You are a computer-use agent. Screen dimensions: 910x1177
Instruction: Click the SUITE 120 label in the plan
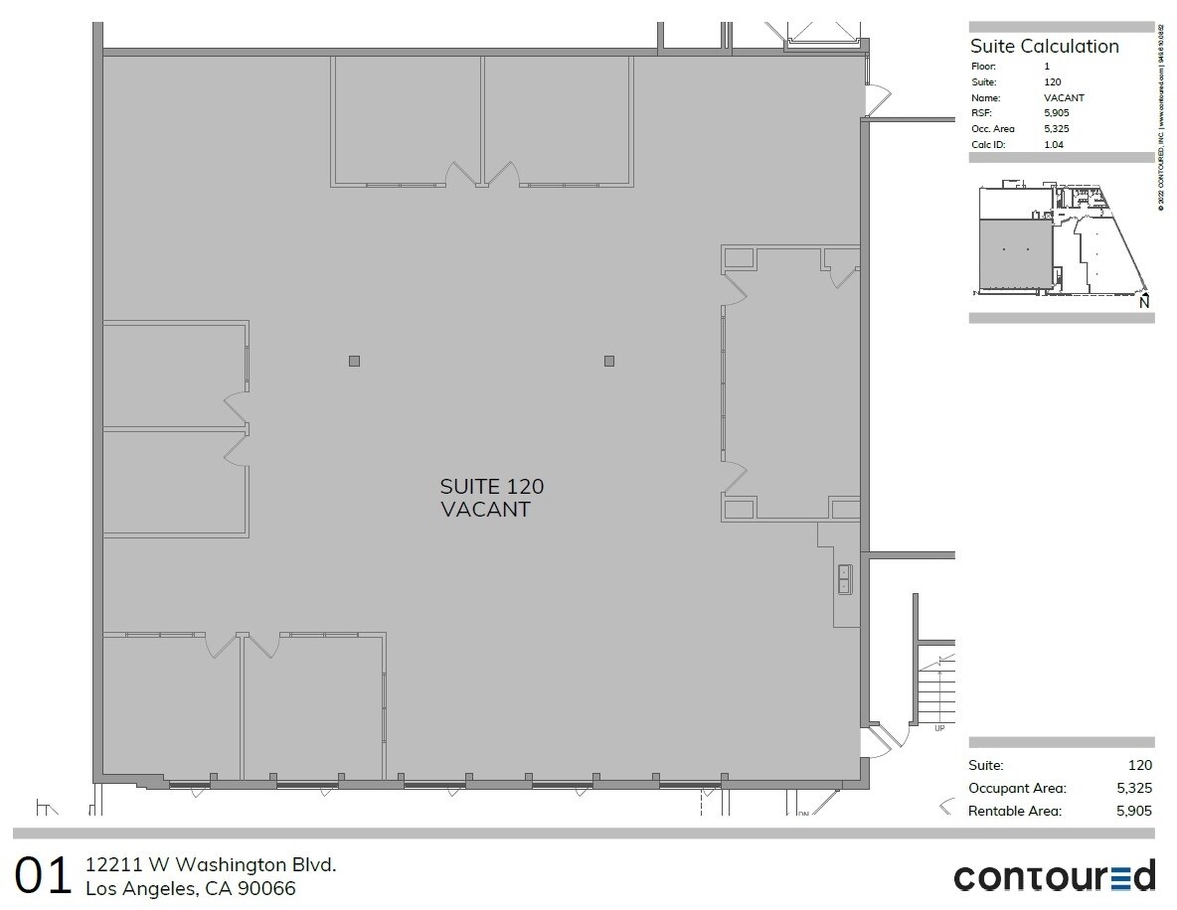(492, 487)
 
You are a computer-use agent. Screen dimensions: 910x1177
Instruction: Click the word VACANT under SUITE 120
(485, 510)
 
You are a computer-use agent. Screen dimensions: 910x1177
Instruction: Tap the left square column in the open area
(354, 361)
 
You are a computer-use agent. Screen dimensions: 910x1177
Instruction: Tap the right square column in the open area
(609, 361)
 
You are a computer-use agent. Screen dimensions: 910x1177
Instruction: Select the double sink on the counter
(844, 578)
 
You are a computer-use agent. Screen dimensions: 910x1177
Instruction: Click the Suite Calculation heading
(1044, 46)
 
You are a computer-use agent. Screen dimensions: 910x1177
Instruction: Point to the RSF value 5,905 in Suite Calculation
(1056, 113)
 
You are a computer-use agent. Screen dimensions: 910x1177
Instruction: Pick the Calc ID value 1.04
(1053, 145)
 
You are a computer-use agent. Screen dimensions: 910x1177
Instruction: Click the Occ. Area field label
(992, 129)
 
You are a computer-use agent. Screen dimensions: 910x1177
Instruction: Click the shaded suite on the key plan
(1016, 255)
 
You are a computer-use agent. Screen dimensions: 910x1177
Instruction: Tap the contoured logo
(1054, 876)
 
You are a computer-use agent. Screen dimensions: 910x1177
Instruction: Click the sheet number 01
(44, 876)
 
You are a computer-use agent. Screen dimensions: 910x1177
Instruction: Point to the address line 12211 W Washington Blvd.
(211, 864)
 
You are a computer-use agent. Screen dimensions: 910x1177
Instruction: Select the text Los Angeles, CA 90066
(191, 888)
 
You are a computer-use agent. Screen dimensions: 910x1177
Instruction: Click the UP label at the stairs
(939, 728)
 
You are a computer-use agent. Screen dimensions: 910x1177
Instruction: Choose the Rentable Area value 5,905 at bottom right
(1134, 811)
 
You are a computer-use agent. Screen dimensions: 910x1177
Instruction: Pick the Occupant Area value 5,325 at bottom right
(1134, 788)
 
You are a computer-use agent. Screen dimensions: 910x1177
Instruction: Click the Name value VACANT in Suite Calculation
(1064, 97)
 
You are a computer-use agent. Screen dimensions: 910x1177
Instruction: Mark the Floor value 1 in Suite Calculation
(1047, 66)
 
